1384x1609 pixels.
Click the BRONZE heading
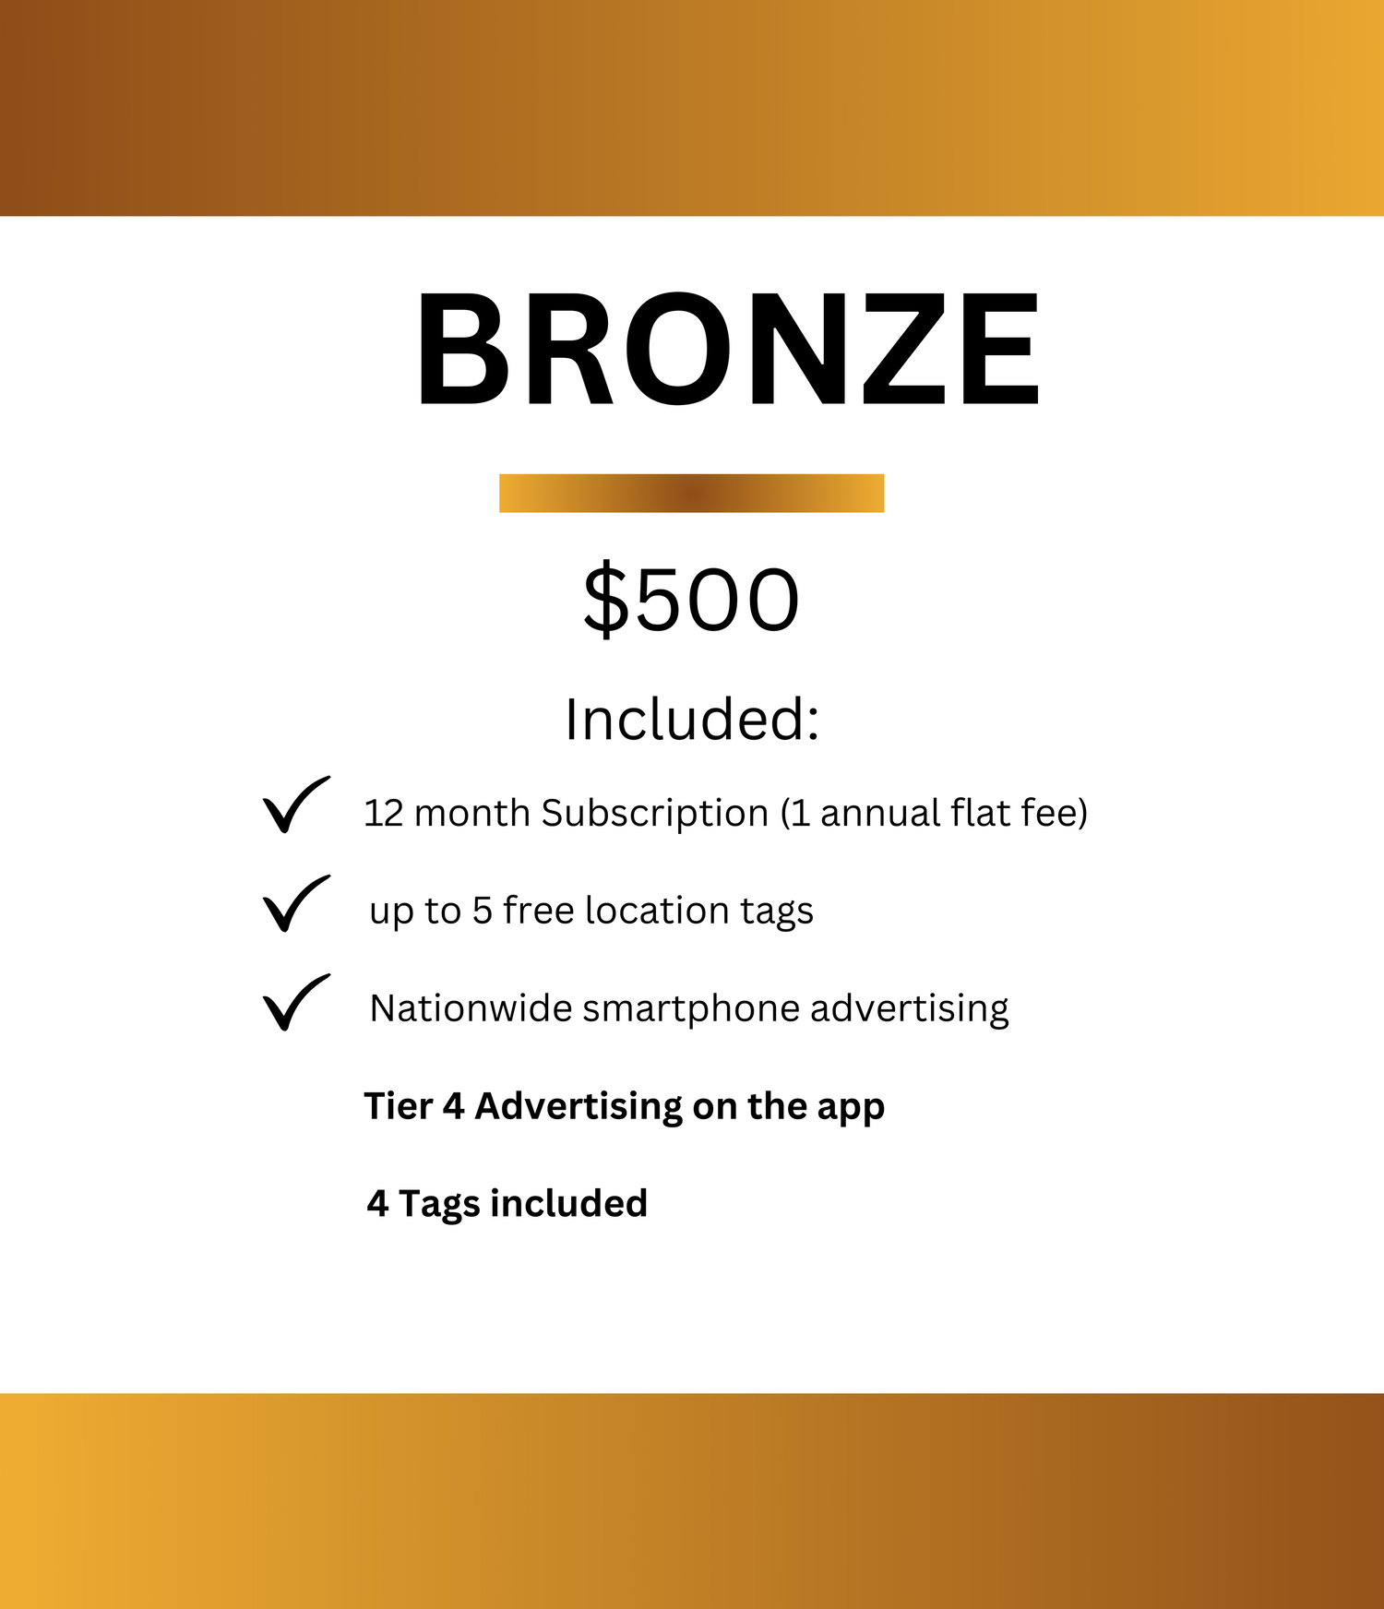728,348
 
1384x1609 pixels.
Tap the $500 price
691,600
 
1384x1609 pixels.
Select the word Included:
692,720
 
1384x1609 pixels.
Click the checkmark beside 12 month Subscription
295,805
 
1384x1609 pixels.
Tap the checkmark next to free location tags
295,903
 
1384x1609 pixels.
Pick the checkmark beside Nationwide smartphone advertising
295,1002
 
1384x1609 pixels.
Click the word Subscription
655,815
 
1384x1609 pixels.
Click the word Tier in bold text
398,1105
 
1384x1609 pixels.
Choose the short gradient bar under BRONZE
692,493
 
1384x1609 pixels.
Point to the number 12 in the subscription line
384,814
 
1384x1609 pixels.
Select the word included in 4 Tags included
568,1203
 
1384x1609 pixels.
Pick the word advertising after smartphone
910,1009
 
